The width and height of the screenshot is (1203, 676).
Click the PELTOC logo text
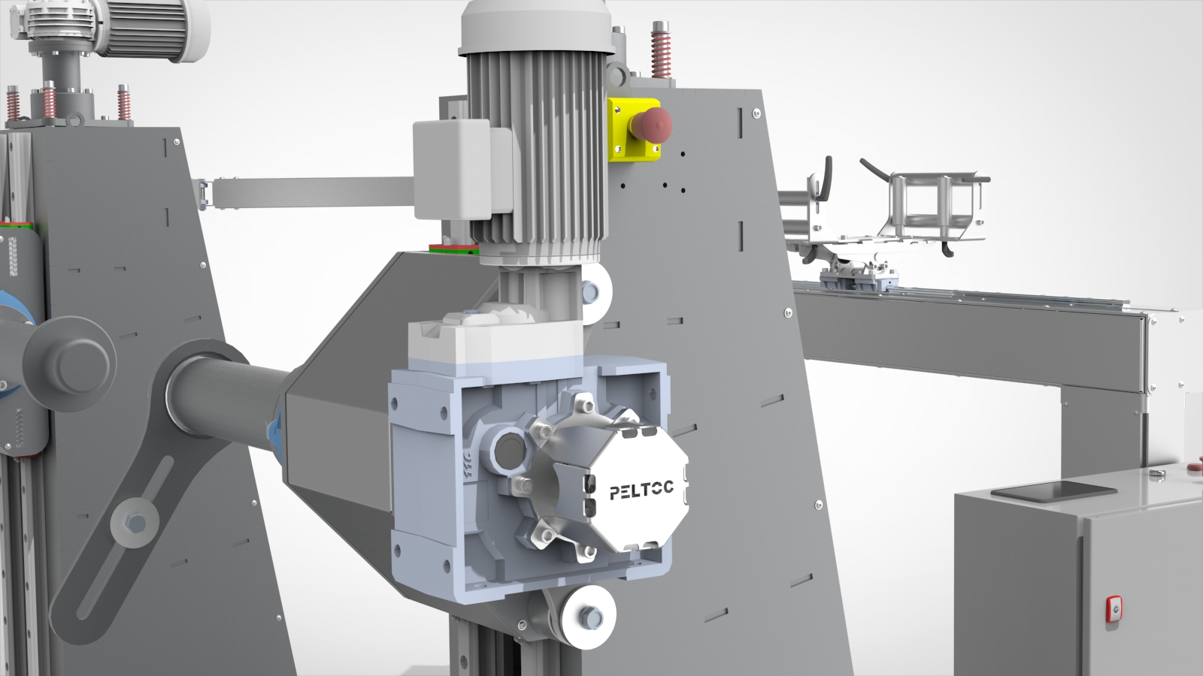[641, 490]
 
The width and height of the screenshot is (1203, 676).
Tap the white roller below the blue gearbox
[588, 617]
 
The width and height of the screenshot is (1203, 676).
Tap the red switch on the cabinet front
[1114, 609]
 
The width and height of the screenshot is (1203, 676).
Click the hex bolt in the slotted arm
[135, 522]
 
